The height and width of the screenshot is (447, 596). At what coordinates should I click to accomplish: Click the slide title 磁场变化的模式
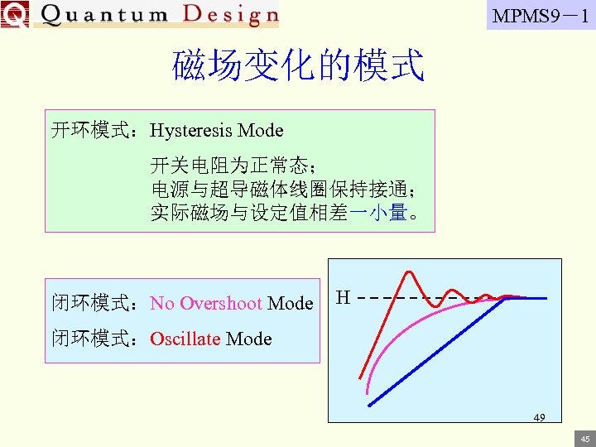pyautogui.click(x=298, y=65)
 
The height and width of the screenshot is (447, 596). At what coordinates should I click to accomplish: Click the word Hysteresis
pyautogui.click(x=192, y=131)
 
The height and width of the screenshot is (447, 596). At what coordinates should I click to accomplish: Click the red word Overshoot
pyautogui.click(x=220, y=304)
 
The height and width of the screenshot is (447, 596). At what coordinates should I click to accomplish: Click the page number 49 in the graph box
pyautogui.click(x=539, y=417)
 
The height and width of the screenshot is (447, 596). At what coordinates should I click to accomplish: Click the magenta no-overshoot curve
pyautogui.click(x=397, y=331)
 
